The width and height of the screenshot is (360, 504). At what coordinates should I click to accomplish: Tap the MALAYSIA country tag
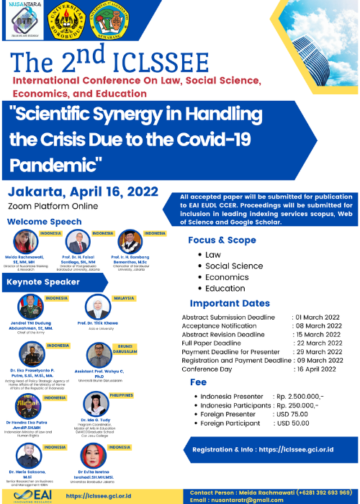123,297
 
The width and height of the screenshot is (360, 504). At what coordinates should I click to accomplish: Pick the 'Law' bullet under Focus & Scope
212,254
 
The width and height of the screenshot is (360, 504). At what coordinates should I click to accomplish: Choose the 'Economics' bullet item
227,276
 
